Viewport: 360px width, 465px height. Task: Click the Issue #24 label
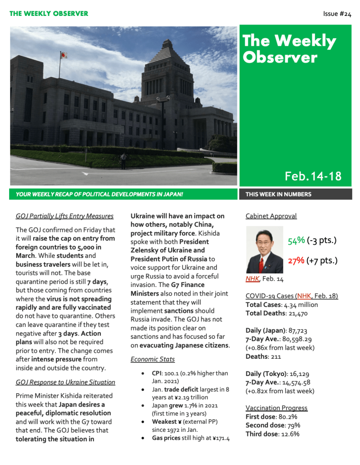[337, 14]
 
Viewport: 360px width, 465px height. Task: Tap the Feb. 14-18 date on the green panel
[313, 176]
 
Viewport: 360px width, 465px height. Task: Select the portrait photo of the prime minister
[264, 249]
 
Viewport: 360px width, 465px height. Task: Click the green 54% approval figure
[296, 240]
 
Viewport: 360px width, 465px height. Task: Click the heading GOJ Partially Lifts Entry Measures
[64, 216]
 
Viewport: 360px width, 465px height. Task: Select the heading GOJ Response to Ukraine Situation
[65, 382]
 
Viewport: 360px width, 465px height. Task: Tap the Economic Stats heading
[153, 359]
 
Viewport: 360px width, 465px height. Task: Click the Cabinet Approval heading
[271, 216]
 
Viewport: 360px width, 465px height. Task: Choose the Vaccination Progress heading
[276, 408]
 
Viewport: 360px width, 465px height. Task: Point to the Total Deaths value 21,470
[296, 313]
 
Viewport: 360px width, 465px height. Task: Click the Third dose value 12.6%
[289, 434]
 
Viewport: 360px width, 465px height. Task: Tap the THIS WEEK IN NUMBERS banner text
[278, 194]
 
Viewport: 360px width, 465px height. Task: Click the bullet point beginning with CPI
[190, 377]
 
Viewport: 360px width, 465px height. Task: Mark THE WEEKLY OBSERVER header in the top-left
[49, 14]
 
